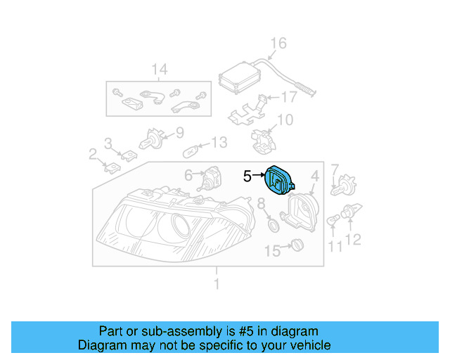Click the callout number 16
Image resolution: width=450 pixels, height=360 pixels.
pos(278,44)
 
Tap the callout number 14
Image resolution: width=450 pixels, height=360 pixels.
pos(160,69)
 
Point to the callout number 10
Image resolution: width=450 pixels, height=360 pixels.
pos(285,120)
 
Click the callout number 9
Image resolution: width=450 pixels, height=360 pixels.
pos(179,131)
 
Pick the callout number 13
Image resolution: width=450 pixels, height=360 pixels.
pos(219,143)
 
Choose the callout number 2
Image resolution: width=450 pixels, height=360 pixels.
pos(92,154)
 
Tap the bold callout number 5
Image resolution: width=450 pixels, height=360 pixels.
pos(247,176)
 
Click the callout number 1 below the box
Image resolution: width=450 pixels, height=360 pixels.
pos(217,284)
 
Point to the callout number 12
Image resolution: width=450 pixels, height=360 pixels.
pos(353,240)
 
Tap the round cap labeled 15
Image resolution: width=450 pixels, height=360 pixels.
pos(296,245)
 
